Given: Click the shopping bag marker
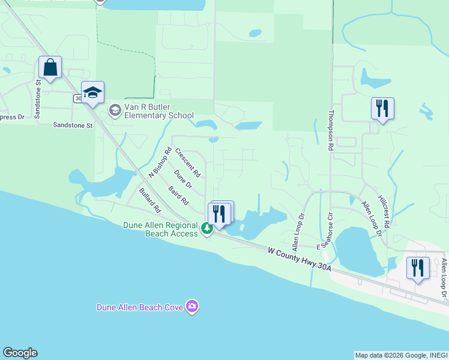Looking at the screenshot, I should tap(50, 67).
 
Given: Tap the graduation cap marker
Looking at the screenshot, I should tap(92, 92).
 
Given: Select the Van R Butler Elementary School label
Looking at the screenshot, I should tap(158, 111).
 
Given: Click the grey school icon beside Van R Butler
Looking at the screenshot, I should tap(114, 110).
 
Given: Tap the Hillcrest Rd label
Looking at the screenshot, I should tap(384, 211).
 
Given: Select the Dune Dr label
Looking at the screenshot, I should tap(182, 178).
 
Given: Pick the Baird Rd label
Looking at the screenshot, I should tap(178, 194).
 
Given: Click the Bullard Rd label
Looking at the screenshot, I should tap(150, 201).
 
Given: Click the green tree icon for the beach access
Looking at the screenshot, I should tap(206, 228).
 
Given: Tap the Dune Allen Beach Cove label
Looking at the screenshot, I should tap(140, 307).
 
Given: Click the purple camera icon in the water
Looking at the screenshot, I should tap(192, 307).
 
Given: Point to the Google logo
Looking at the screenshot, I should tap(20, 353).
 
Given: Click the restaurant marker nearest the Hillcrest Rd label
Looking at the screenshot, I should tap(382, 109).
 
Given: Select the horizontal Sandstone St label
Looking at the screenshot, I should tap(73, 125).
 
